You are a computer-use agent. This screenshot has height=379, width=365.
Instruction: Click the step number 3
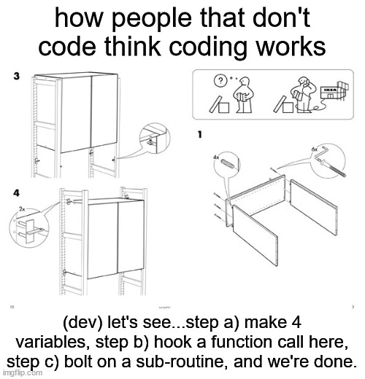(x=16, y=76)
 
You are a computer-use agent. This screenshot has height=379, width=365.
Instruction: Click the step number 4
(x=16, y=193)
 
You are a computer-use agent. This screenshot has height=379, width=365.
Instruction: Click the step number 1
(x=200, y=134)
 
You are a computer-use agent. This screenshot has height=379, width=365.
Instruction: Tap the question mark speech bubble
(x=220, y=80)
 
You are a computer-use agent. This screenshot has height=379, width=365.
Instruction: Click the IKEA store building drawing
(x=334, y=91)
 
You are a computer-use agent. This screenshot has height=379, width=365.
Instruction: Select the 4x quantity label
(x=216, y=157)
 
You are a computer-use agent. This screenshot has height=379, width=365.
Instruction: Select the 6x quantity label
(x=315, y=149)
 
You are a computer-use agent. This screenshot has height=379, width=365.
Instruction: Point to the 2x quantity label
(x=22, y=208)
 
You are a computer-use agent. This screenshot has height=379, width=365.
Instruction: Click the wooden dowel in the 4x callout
(x=228, y=163)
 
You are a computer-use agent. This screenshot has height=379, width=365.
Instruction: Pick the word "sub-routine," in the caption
(x=180, y=362)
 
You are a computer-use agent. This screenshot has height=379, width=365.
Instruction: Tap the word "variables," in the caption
(x=53, y=342)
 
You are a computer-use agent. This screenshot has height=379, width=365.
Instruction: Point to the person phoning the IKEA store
(x=303, y=95)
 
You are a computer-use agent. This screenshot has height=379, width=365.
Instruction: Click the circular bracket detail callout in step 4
(x=29, y=228)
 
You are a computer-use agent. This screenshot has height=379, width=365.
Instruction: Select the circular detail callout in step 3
(x=155, y=138)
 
